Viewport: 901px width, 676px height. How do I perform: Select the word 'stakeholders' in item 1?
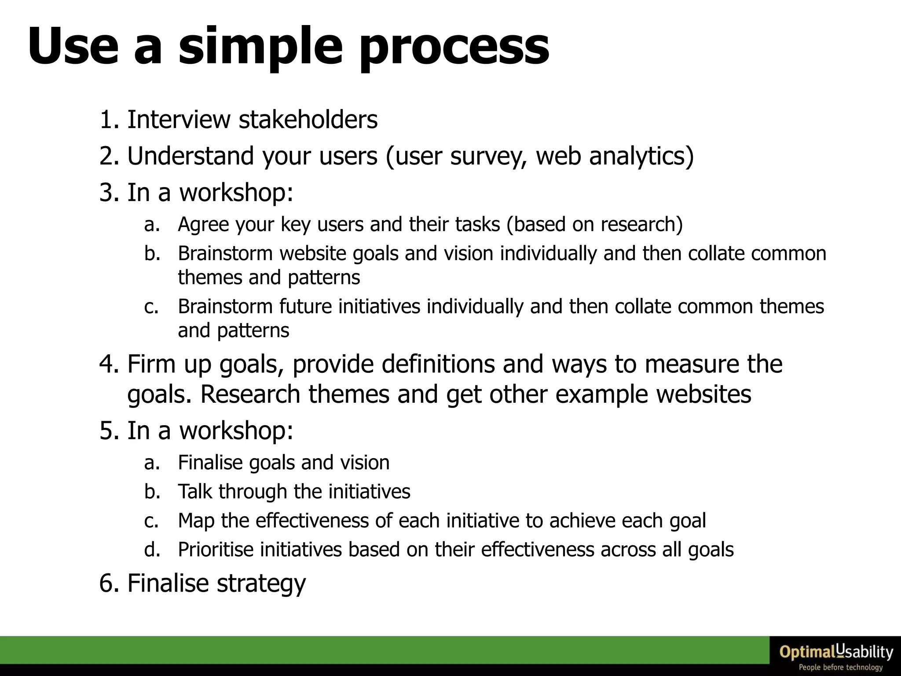(x=308, y=119)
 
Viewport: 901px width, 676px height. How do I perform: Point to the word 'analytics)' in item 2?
(x=641, y=157)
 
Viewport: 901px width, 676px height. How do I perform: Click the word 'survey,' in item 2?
(x=488, y=157)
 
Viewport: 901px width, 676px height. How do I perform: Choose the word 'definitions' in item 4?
(x=438, y=364)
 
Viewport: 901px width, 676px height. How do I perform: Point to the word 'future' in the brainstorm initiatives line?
(x=305, y=306)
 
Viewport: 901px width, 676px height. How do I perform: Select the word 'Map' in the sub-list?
(x=196, y=521)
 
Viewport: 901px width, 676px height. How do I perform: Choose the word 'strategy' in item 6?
(x=261, y=584)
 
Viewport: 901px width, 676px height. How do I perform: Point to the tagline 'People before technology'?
(x=840, y=668)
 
